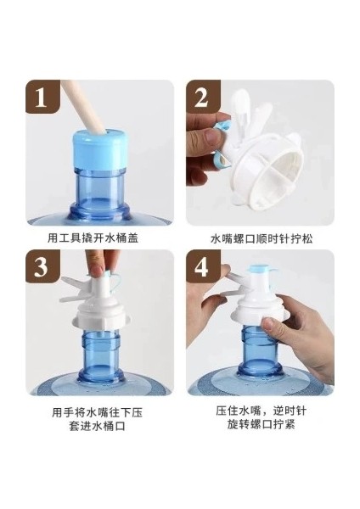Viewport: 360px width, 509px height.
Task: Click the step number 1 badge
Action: click(x=42, y=97)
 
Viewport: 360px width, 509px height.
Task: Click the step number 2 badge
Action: click(x=203, y=97)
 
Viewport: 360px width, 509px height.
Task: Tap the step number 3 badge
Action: click(x=42, y=266)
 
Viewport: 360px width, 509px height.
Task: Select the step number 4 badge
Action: click(x=203, y=266)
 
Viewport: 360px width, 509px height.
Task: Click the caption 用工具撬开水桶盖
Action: click(x=93, y=238)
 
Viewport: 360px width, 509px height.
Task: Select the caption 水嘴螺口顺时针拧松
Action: click(x=262, y=239)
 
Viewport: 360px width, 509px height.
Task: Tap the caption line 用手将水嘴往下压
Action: click(x=97, y=412)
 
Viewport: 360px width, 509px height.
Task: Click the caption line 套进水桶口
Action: click(x=98, y=426)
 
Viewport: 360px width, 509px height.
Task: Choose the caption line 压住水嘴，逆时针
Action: click(x=261, y=411)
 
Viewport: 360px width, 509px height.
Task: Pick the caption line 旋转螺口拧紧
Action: click(x=261, y=424)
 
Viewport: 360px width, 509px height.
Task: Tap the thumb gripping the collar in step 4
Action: click(x=273, y=325)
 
